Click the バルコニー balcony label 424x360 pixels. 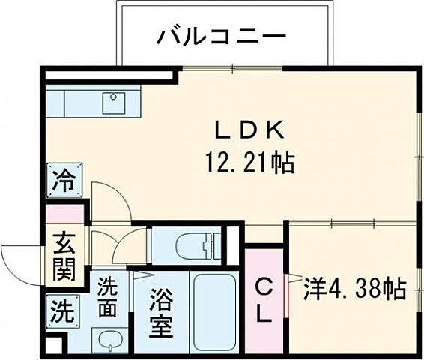(x=211, y=35)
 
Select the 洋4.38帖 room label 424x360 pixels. (x=355, y=288)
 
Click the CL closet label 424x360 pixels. (x=264, y=300)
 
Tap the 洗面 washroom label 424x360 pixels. (x=109, y=297)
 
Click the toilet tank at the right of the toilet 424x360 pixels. (x=217, y=244)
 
